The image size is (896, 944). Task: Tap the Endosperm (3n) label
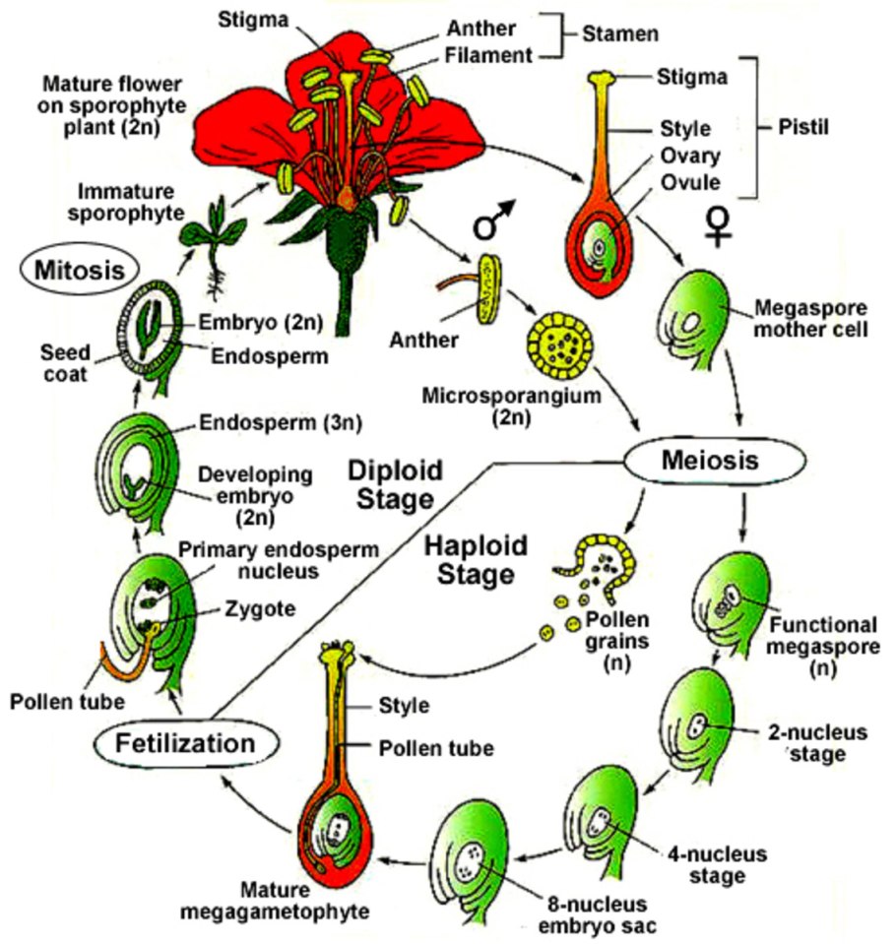click(278, 424)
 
